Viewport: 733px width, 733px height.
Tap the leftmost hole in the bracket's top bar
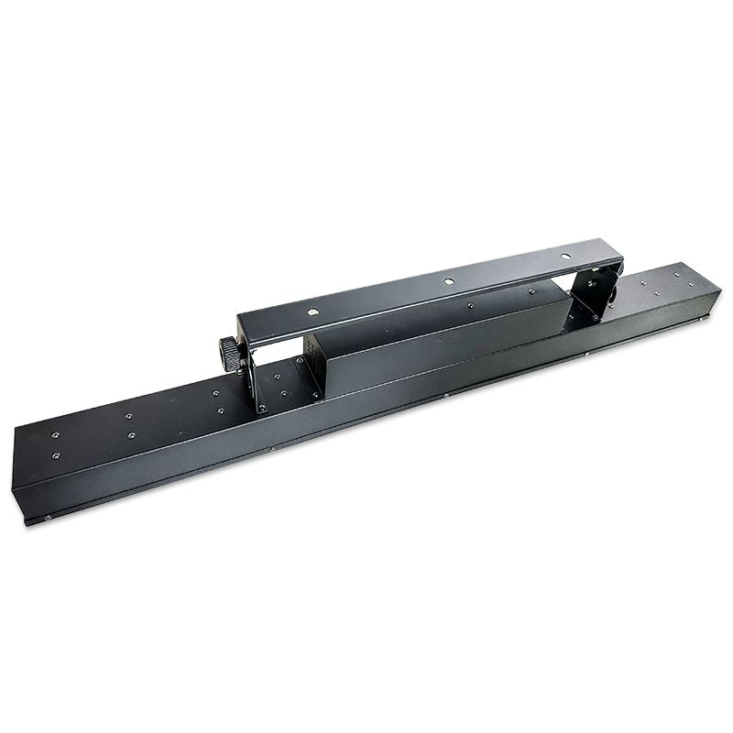click(313, 312)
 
